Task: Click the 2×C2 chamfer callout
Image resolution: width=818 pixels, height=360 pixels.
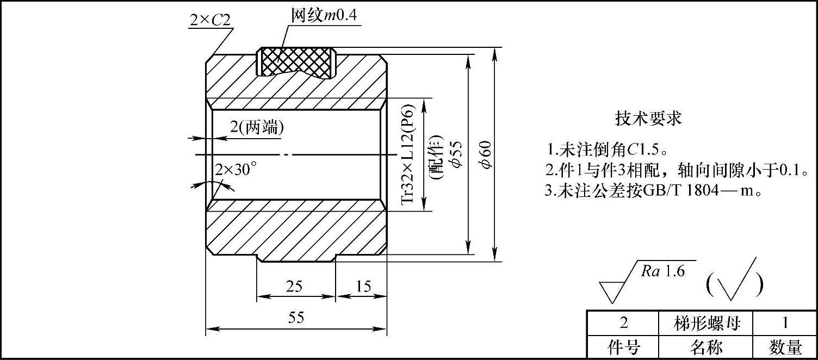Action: [x=210, y=20]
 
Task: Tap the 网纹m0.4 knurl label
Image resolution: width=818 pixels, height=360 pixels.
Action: [x=323, y=16]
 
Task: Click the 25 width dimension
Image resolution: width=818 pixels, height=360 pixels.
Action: [x=294, y=287]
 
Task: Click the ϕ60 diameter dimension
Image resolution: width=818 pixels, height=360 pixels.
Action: [x=486, y=155]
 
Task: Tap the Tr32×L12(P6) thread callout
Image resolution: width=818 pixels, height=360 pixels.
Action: [x=408, y=155]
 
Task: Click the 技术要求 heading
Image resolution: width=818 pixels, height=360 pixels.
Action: [x=648, y=119]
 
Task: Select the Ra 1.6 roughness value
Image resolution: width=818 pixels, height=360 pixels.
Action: [x=662, y=271]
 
